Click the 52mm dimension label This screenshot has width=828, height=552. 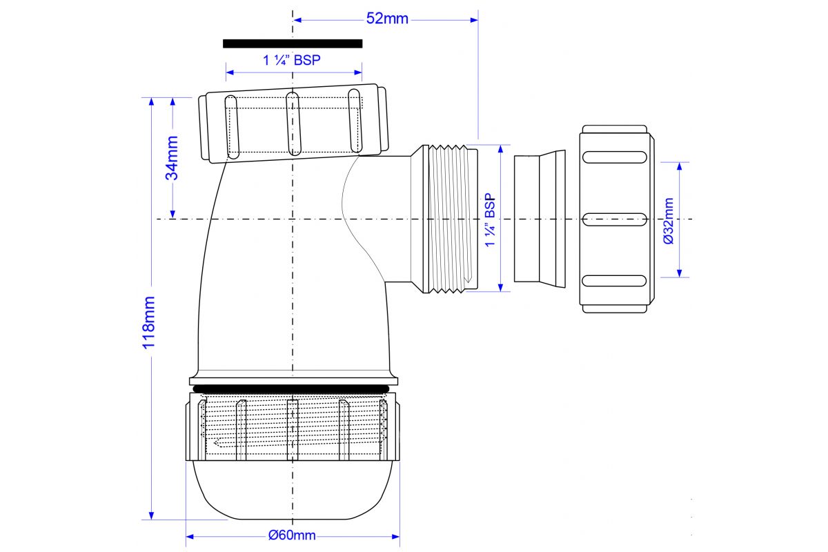click(x=387, y=19)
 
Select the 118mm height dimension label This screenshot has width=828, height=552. click(x=148, y=322)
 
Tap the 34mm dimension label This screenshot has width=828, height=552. click(x=172, y=158)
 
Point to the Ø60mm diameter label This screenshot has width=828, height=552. click(x=292, y=535)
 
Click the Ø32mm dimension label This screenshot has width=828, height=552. click(x=669, y=221)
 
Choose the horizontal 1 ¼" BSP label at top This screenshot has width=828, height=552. click(x=292, y=60)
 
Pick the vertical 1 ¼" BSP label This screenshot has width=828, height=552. click(x=490, y=219)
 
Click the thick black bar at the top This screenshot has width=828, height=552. click(x=293, y=43)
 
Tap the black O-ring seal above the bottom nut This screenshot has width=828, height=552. click(x=291, y=388)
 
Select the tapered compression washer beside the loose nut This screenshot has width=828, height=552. click(x=540, y=219)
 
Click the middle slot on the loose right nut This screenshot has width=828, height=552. click(x=614, y=219)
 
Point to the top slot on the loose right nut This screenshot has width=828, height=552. click(x=614, y=157)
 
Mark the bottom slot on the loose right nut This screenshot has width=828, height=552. click(x=614, y=281)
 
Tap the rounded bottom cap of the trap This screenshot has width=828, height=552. click(x=292, y=490)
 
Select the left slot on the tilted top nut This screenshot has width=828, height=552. click(x=232, y=127)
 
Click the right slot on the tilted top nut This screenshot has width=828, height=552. click(x=355, y=121)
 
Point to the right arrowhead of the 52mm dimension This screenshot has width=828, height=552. click(x=474, y=20)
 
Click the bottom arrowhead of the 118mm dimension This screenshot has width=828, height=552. click(x=151, y=515)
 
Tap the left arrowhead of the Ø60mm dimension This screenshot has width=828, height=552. click(x=190, y=536)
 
